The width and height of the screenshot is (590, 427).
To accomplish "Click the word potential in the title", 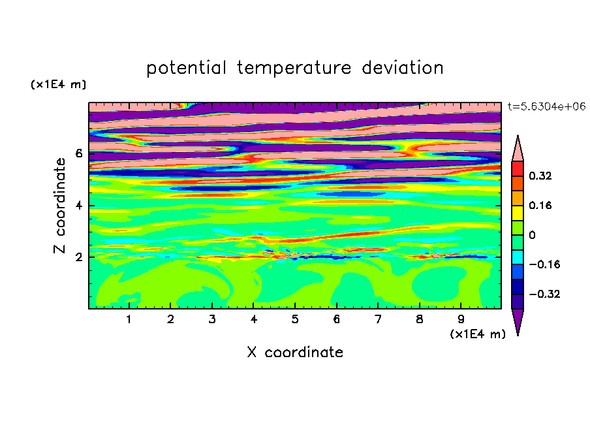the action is [x=186, y=68].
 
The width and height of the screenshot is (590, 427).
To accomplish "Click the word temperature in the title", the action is [x=294, y=68].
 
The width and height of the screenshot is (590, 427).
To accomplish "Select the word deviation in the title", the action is [x=403, y=68].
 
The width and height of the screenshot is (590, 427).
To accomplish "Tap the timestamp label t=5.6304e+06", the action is [x=546, y=106].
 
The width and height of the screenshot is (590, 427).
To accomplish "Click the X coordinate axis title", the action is [x=295, y=352].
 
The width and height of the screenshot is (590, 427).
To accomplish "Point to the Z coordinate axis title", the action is [x=59, y=206].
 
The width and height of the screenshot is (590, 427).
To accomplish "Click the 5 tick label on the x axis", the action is [x=295, y=319].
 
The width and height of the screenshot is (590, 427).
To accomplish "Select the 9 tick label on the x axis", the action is [x=461, y=319].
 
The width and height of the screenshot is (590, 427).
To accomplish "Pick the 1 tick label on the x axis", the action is [x=129, y=319].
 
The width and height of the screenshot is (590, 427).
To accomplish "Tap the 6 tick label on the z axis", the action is [x=78, y=153].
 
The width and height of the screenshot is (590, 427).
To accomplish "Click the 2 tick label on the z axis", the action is [x=78, y=257].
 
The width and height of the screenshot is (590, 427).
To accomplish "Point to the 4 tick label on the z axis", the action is [x=78, y=206].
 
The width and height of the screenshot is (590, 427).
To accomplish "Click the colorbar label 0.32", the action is [x=540, y=176].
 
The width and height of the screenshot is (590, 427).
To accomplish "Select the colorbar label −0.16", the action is [x=544, y=264].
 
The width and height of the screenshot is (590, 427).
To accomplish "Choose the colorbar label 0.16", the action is [x=540, y=205].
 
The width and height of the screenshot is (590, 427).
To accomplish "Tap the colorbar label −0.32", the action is [x=544, y=294].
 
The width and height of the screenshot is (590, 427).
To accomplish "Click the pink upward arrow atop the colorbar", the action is [x=518, y=151].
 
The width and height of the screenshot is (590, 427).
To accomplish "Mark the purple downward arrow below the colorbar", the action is [x=518, y=319].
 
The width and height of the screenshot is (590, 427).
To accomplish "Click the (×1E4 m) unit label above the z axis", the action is [x=58, y=84].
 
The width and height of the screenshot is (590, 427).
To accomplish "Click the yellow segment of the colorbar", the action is [x=518, y=213].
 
